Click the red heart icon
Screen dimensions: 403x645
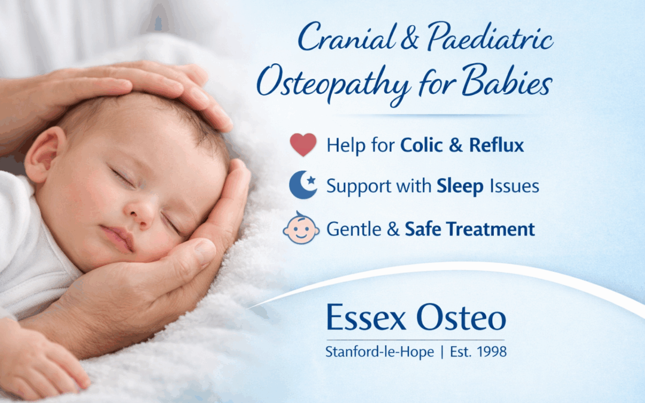(303, 145)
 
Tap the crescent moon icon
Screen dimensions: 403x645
(303, 186)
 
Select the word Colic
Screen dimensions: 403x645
(422, 145)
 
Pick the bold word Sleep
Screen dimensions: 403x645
(459, 187)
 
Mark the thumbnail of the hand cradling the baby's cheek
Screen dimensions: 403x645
(205, 252)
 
